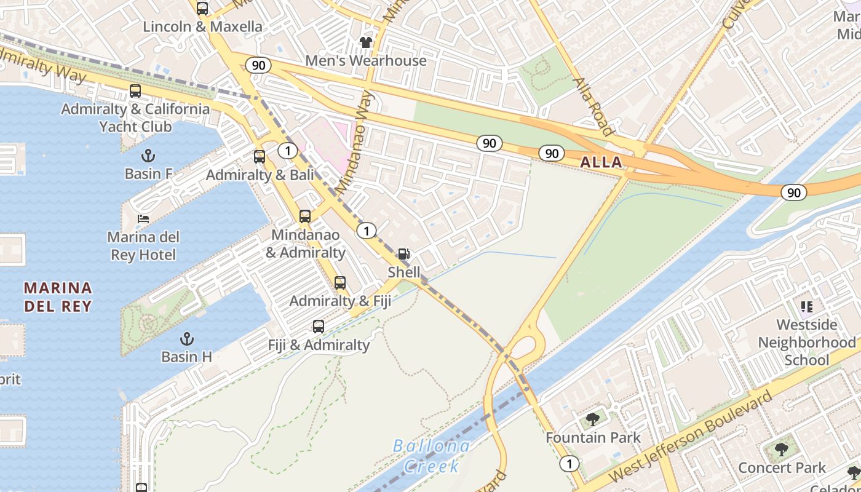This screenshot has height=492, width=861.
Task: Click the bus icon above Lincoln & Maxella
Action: pyautogui.click(x=202, y=9)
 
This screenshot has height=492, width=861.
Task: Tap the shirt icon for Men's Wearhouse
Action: pyautogui.click(x=366, y=42)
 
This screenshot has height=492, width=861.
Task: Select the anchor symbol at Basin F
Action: pyautogui.click(x=148, y=156)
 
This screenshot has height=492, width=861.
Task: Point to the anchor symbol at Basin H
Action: pyautogui.click(x=186, y=338)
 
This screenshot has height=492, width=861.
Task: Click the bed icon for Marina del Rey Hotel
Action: pyautogui.click(x=143, y=219)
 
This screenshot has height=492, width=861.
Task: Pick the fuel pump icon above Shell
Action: pyautogui.click(x=404, y=254)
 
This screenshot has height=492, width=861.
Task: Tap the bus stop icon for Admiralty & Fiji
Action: pyautogui.click(x=340, y=283)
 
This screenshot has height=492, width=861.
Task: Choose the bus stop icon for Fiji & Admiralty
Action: pyautogui.click(x=319, y=327)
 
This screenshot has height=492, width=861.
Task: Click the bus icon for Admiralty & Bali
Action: pyautogui.click(x=260, y=156)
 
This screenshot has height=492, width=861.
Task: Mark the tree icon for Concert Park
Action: pyautogui.click(x=782, y=450)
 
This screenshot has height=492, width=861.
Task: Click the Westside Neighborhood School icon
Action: pyautogui.click(x=806, y=306)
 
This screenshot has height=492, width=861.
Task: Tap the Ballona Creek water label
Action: pyautogui.click(x=430, y=456)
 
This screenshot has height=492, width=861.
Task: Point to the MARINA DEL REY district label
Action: pyautogui.click(x=58, y=297)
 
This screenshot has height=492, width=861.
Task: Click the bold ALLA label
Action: pyautogui.click(x=600, y=162)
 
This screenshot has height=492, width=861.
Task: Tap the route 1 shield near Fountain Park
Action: pyautogui.click(x=570, y=464)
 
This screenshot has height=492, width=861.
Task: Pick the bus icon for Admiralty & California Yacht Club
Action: pyautogui.click(x=135, y=91)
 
